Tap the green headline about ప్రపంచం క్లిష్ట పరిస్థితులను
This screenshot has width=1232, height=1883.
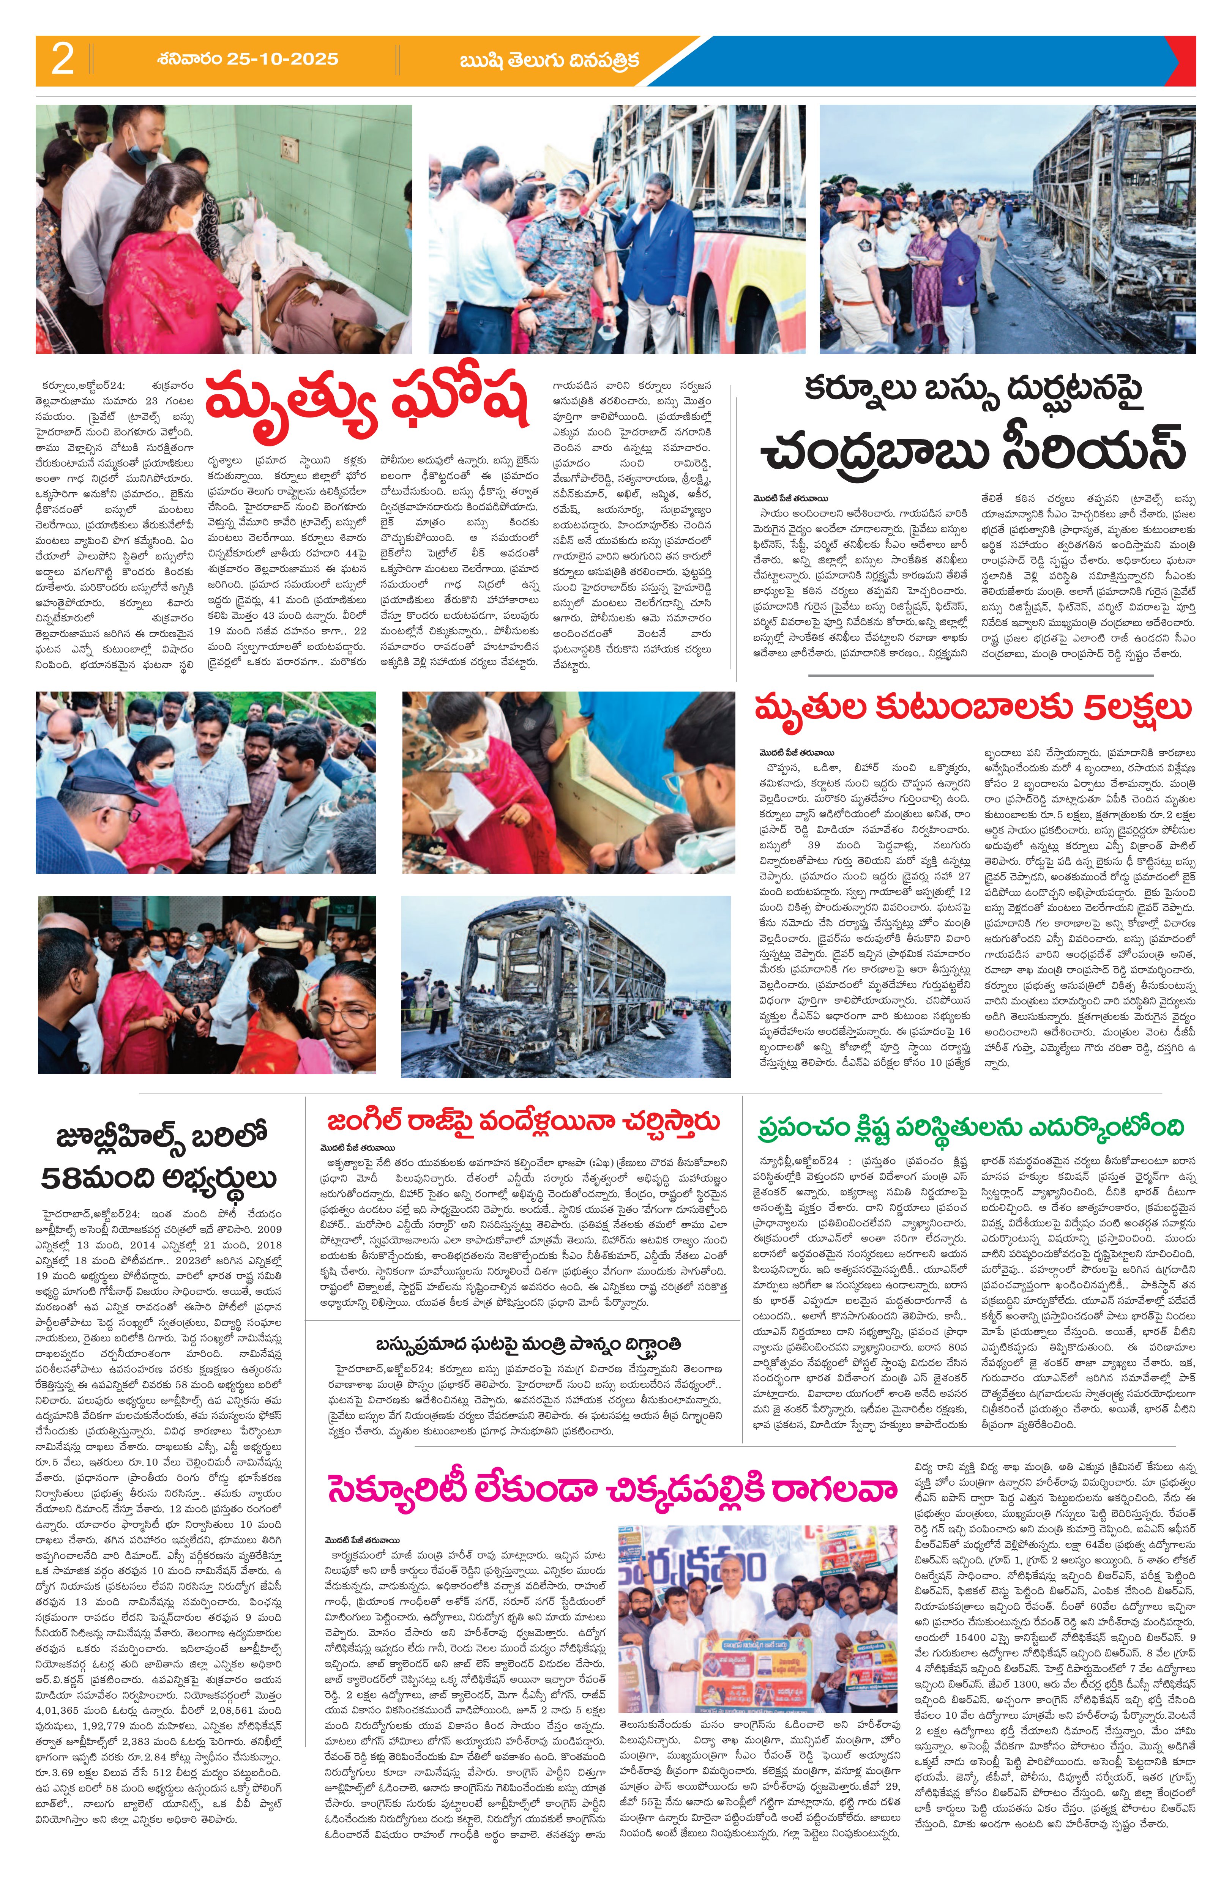(x=970, y=1125)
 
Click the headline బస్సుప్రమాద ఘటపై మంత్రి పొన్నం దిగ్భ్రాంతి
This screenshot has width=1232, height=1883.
(x=528, y=1343)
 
